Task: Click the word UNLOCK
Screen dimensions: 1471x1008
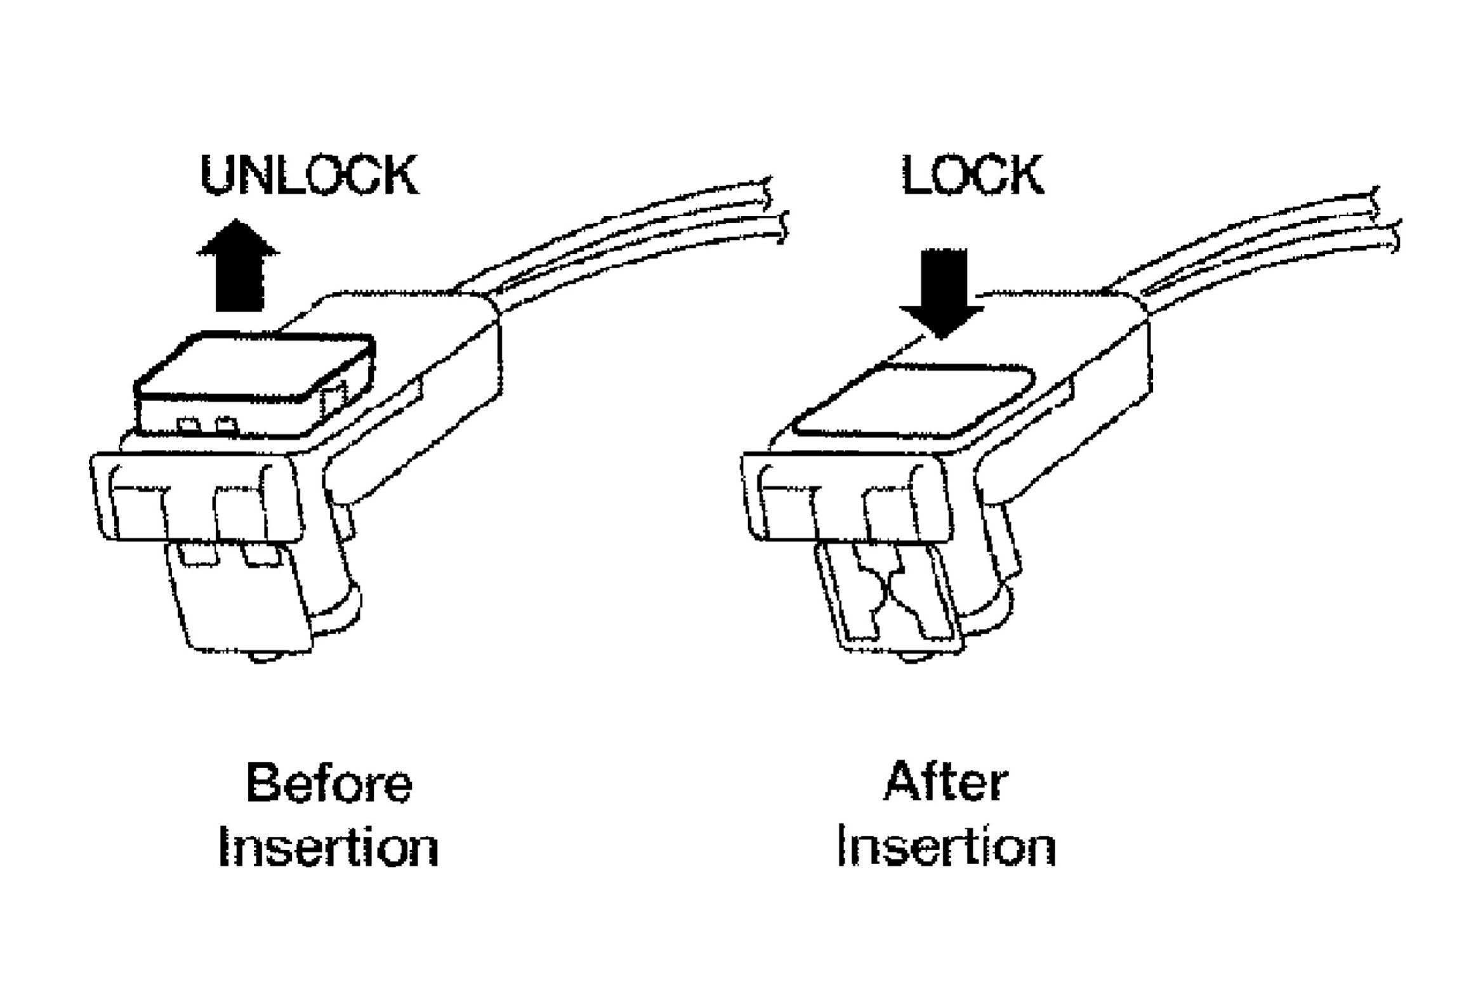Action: coord(309,175)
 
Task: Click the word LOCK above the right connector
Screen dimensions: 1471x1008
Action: coord(972,175)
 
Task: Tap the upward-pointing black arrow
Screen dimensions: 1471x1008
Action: coord(239,267)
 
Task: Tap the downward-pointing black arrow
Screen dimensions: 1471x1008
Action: coord(942,292)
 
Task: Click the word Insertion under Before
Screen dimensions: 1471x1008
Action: coord(328,847)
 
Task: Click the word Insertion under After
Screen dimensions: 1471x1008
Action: coord(947,847)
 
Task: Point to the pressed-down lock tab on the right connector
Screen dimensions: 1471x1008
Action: coord(914,400)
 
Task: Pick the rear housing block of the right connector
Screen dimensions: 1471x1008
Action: coord(1092,355)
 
